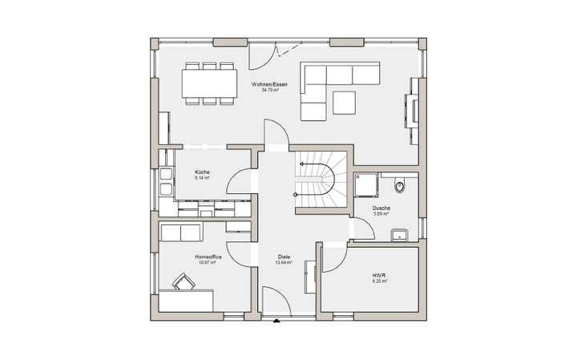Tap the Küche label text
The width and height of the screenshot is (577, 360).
[202, 172]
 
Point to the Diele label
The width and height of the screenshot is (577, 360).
[283, 257]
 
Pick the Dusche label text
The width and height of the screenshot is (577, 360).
[381, 208]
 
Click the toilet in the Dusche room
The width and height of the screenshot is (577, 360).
[401, 187]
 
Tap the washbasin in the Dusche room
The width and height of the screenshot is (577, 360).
[398, 235]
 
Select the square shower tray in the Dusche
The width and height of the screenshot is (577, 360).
[369, 184]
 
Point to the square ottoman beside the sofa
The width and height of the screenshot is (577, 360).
[345, 103]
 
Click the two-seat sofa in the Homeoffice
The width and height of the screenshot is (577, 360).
[180, 233]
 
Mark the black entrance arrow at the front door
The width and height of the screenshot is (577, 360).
[276, 323]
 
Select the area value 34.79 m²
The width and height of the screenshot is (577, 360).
[268, 91]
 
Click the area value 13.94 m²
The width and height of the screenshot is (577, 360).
[283, 262]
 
